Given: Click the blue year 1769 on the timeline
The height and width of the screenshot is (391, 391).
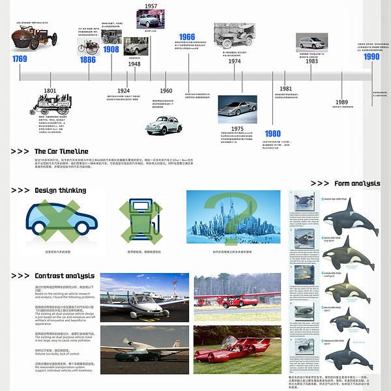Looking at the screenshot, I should click(20, 59).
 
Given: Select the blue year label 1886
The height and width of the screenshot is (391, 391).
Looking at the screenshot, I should click(87, 60).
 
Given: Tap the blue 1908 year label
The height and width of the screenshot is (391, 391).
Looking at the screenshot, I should click(111, 50).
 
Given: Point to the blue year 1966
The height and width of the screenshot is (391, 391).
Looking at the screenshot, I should click(186, 37).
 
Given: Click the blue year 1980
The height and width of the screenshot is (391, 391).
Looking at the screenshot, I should click(273, 134).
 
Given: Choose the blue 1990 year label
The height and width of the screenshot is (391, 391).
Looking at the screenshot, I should click(371, 57).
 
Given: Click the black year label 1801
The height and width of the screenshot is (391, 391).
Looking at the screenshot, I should click(50, 91).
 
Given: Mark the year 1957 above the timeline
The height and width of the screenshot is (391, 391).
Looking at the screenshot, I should click(151, 6).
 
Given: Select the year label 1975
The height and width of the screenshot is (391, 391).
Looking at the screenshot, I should click(237, 129).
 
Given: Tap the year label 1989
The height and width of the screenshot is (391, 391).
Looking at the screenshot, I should click(341, 102).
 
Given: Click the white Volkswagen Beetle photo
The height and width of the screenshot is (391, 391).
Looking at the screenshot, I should click(164, 124).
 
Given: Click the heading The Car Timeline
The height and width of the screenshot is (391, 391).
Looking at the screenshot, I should click(61, 152).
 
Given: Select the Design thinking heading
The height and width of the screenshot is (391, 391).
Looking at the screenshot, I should click(60, 191).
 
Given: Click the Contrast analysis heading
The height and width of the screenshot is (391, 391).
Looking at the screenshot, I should click(65, 276).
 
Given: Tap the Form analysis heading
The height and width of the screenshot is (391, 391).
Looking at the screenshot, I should click(356, 184).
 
